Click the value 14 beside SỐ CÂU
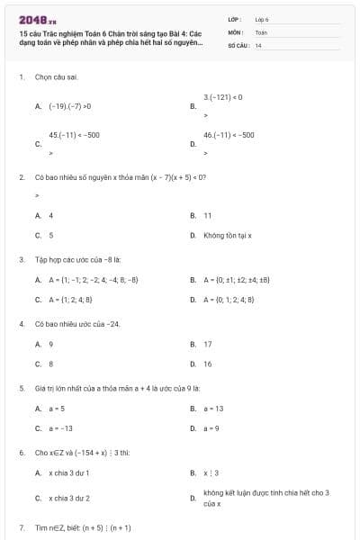click(x=258, y=44)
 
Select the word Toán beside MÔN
click(x=261, y=31)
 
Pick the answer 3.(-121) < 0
click(x=222, y=96)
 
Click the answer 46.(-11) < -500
click(x=229, y=134)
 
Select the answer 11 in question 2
click(x=207, y=216)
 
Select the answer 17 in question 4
click(x=208, y=344)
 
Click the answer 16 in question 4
click(x=208, y=364)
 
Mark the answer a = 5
click(x=57, y=409)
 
